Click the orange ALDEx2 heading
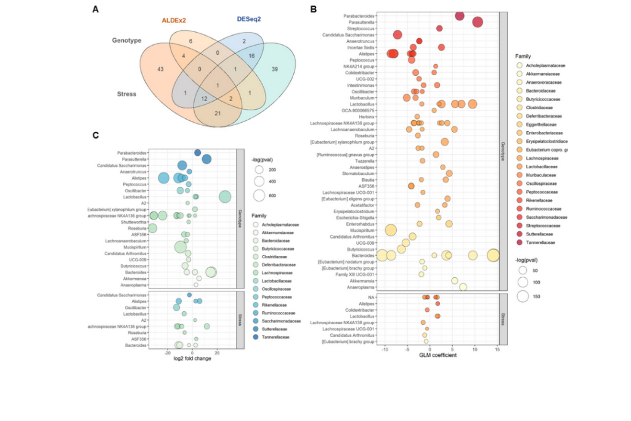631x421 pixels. pos(174,20)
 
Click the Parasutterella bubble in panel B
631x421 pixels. pos(478,22)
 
